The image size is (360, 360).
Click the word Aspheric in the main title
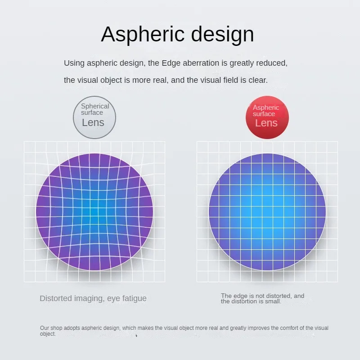143,35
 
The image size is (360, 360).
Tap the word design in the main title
222,35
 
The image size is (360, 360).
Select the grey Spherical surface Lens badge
94,117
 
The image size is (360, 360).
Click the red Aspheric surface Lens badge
267,117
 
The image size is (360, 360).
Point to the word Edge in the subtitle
171,63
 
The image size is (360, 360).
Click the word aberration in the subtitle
201,63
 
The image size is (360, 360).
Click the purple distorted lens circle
94,211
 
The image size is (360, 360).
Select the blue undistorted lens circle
267,211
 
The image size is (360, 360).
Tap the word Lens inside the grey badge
93,122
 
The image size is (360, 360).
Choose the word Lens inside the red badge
266,123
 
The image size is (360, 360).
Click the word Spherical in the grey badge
95,106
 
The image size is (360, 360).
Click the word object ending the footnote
48,334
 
